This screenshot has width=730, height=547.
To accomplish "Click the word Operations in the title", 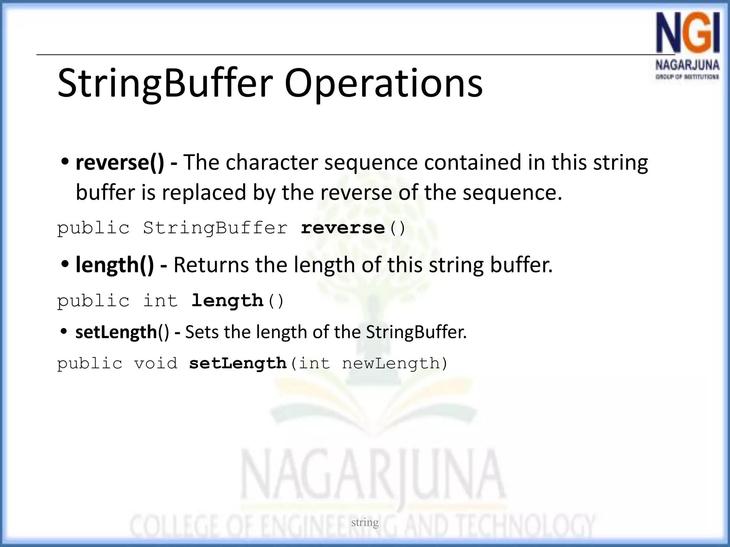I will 383,84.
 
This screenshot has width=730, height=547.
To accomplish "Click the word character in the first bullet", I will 271,162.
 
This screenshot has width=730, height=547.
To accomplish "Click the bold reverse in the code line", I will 343,228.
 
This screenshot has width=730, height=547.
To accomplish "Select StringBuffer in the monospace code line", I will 215,228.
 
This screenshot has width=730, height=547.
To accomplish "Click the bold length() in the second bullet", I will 115,265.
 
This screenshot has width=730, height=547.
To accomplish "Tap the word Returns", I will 211,265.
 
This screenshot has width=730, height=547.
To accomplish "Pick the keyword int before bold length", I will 160,301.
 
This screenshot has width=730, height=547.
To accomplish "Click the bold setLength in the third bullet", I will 116,332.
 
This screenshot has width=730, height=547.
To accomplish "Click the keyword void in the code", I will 155,364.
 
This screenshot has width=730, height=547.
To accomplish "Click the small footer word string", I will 365,522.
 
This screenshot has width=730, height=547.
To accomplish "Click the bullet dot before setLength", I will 64,332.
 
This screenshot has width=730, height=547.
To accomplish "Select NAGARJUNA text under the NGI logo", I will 687,66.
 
